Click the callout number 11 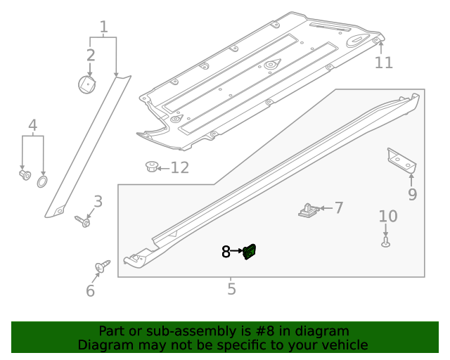[383, 63]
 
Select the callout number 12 [180, 167]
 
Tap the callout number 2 [91, 55]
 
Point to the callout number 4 [32, 126]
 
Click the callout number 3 [98, 202]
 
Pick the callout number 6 [90, 291]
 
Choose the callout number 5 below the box [231, 288]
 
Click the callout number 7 [339, 207]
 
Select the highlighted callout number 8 [226, 251]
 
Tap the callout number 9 [412, 194]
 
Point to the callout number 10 [388, 216]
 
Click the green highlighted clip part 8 [250, 251]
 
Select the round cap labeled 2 [87, 84]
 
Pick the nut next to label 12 [150, 167]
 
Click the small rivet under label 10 [385, 242]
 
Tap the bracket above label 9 [402, 160]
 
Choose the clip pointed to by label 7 [308, 210]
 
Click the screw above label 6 [102, 266]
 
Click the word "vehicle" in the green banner [344, 345]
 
